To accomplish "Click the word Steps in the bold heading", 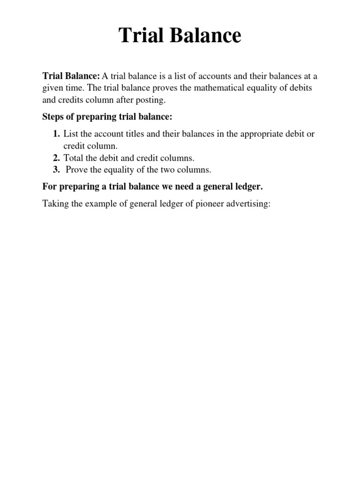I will pos(53,116).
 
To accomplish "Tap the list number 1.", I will pos(56,134).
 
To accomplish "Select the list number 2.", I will pos(56,158).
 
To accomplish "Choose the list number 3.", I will pos(56,170).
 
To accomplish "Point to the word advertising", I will pos(247,204).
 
